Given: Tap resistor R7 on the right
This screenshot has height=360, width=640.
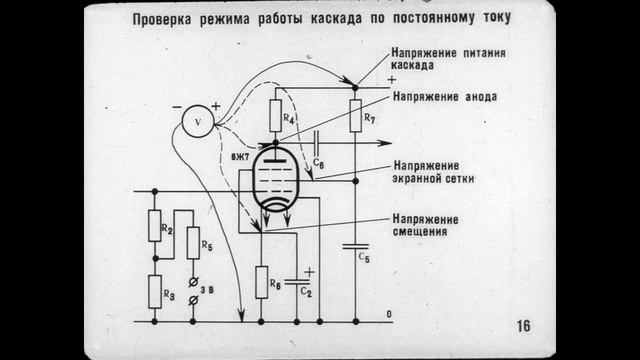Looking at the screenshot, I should (x=356, y=116).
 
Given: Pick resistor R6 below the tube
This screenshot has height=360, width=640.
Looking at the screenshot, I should (x=261, y=283).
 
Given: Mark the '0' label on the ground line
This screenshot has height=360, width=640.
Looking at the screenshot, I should (x=389, y=314).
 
